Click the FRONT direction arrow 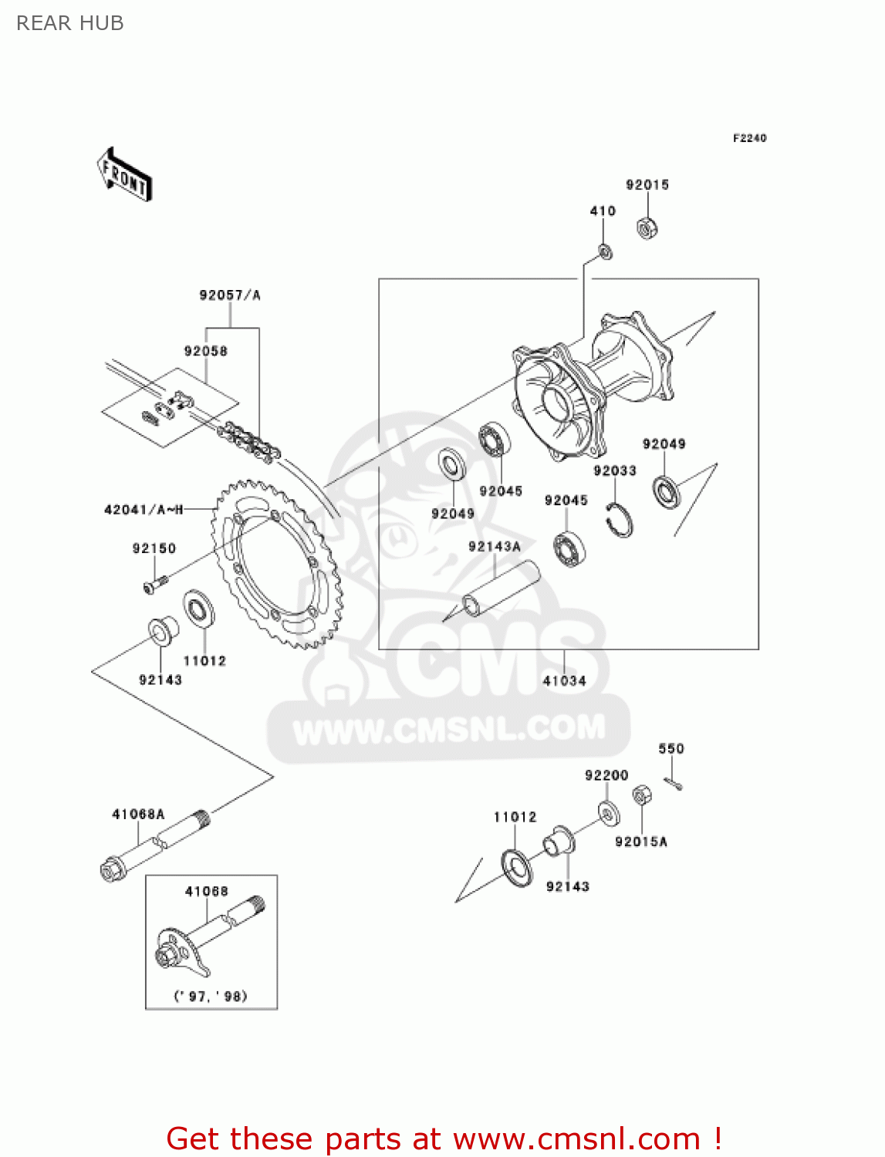(124, 175)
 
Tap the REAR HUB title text (70, 24)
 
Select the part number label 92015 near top (647, 185)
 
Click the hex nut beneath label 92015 (647, 228)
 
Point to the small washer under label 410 (606, 251)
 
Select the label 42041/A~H (144, 510)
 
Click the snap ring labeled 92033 (620, 519)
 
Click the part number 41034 (564, 681)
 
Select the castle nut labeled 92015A (640, 795)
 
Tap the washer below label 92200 (609, 813)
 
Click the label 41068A (138, 815)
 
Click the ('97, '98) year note (211, 996)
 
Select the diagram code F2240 (749, 138)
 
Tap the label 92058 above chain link (205, 352)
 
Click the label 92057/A (230, 295)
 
